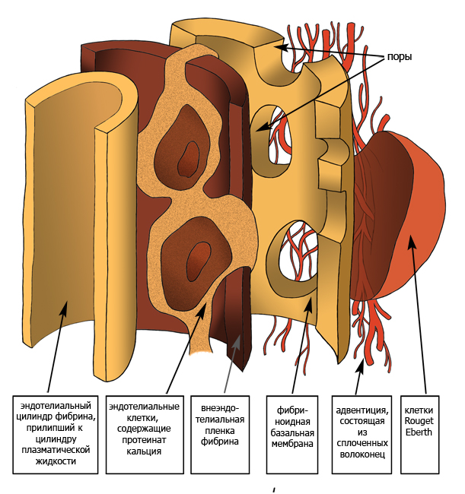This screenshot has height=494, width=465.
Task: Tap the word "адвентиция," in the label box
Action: pyautogui.click(x=363, y=409)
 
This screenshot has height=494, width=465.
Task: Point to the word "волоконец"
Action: pyautogui.click(x=363, y=454)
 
